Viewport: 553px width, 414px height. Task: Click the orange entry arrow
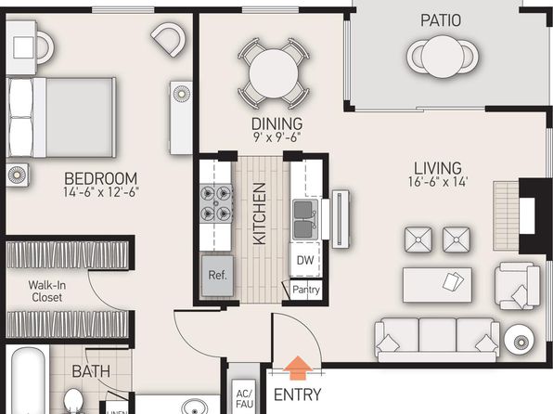pyautogui.click(x=298, y=368)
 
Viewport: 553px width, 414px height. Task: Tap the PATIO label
pyautogui.click(x=441, y=20)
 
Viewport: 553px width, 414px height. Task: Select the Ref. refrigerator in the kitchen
pyautogui.click(x=217, y=276)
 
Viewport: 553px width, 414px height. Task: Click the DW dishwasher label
pyautogui.click(x=305, y=260)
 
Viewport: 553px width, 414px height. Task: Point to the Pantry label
pyautogui.click(x=306, y=291)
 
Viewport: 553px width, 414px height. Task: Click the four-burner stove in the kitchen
pyautogui.click(x=216, y=203)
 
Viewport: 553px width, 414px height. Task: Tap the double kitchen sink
pyautogui.click(x=305, y=219)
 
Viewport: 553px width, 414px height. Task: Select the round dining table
pyautogui.click(x=274, y=73)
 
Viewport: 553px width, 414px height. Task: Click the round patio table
pyautogui.click(x=443, y=57)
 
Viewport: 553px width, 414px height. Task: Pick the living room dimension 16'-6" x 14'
pyautogui.click(x=438, y=182)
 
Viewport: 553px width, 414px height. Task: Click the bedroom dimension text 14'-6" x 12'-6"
pyautogui.click(x=101, y=192)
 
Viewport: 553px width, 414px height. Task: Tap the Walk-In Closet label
pyautogui.click(x=47, y=291)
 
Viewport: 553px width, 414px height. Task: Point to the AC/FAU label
pyautogui.click(x=245, y=399)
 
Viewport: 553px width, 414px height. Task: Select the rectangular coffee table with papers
pyautogui.click(x=437, y=285)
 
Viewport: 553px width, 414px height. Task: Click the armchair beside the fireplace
pyautogui.click(x=517, y=286)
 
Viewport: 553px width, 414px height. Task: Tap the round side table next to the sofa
pyautogui.click(x=521, y=341)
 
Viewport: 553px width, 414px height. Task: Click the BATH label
pyautogui.click(x=91, y=371)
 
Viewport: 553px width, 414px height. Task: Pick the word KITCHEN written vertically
pyautogui.click(x=260, y=213)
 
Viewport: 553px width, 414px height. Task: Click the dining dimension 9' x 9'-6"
pyautogui.click(x=276, y=137)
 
